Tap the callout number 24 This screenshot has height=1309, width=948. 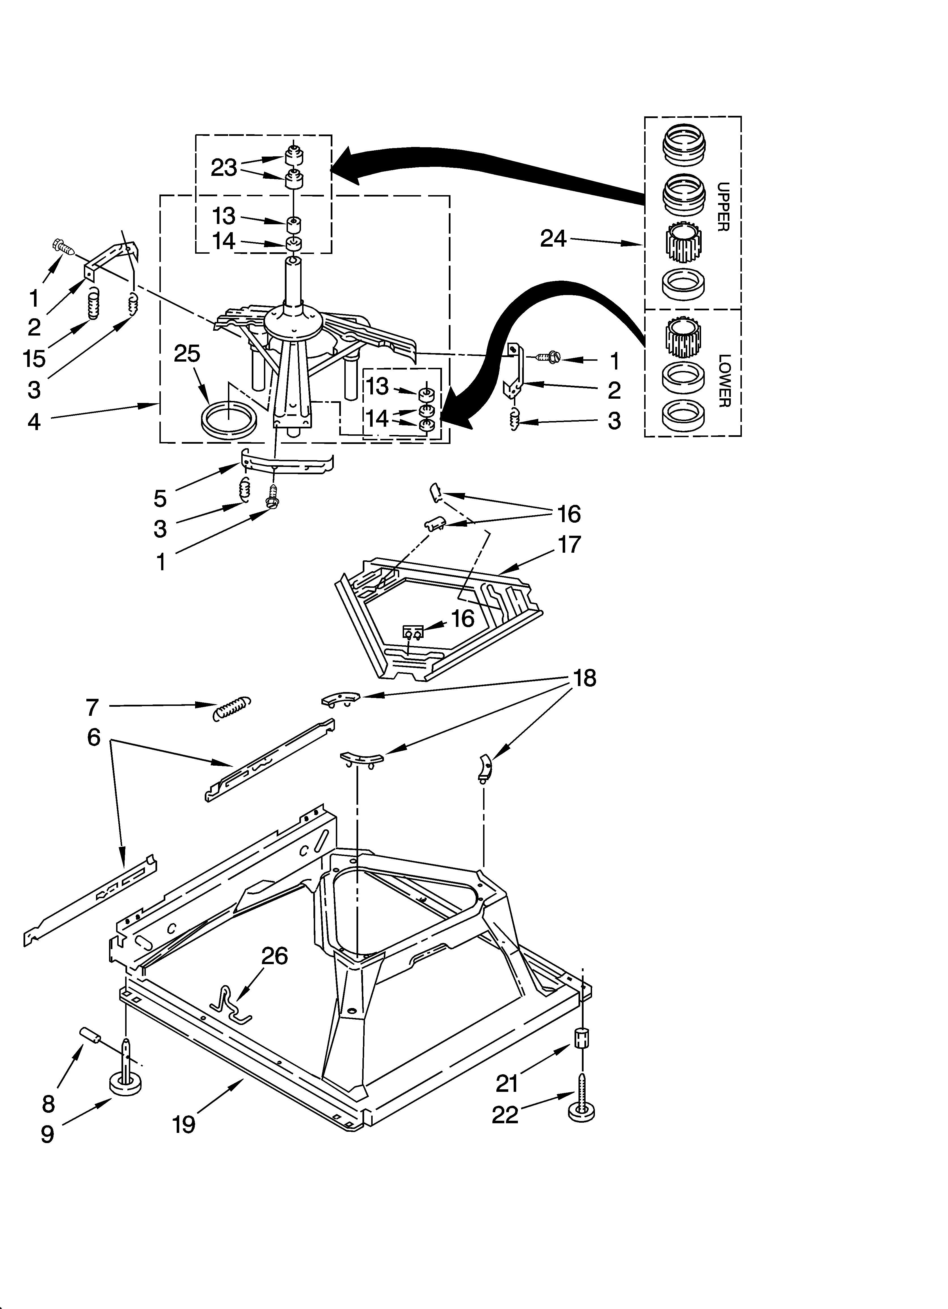553,238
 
